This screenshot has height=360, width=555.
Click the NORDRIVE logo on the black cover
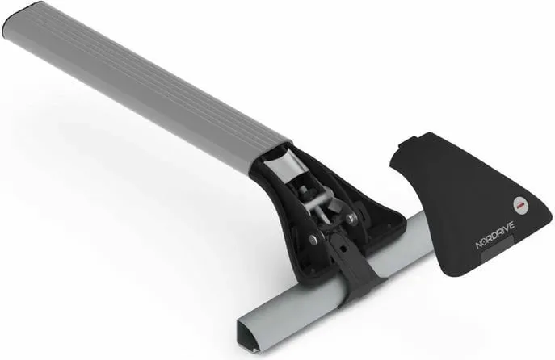point(495,236)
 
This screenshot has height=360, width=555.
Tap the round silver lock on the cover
point(521,204)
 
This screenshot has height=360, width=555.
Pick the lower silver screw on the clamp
point(313,239)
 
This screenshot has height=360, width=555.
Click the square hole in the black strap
point(343,249)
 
